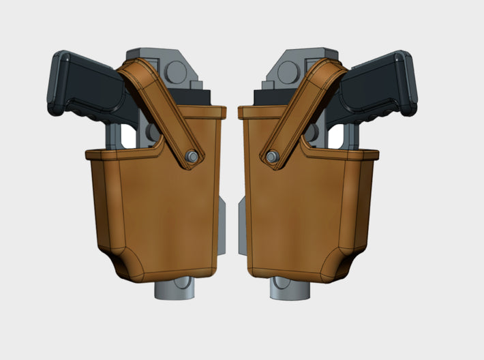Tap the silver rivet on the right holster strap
273,157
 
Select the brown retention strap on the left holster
160,106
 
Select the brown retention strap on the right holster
307,106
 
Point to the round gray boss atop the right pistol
290,70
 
